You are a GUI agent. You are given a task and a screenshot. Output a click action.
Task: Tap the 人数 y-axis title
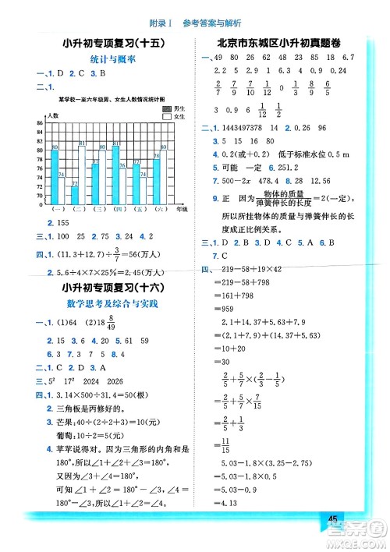point(53,115)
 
